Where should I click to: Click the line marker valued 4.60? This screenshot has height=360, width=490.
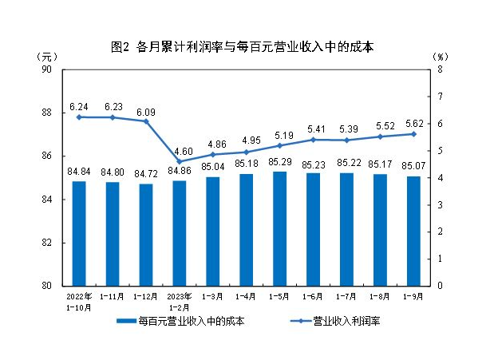pyautogui.click(x=180, y=161)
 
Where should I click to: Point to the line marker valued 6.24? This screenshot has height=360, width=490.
pyautogui.click(x=79, y=117)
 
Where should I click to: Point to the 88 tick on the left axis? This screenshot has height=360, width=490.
pyautogui.click(x=45, y=113)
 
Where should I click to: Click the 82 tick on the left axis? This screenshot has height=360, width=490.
pyautogui.click(x=45, y=243)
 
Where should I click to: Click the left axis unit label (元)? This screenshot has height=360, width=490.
pyautogui.click(x=48, y=57)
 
